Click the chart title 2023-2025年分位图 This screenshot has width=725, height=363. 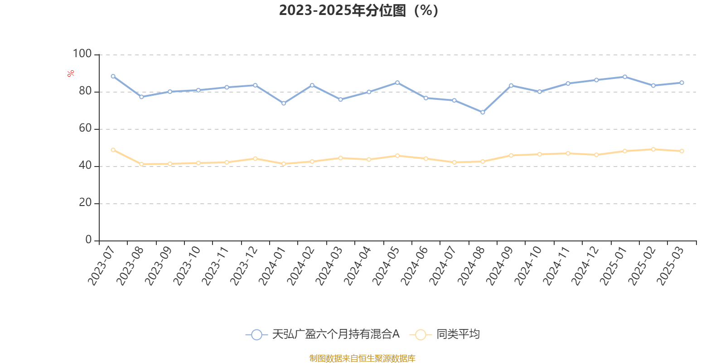(x=358, y=10)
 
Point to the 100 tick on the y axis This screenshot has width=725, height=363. (x=82, y=54)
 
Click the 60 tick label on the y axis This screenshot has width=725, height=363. (x=85, y=128)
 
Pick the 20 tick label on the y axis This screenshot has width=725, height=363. (x=85, y=203)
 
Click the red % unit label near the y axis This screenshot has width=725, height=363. (x=71, y=73)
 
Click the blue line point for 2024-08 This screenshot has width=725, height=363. (x=483, y=112)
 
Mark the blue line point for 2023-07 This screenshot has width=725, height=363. (x=113, y=76)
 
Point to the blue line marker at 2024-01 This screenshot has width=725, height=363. (x=284, y=103)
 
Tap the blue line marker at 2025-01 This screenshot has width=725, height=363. (x=625, y=77)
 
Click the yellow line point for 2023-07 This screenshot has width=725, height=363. (x=113, y=150)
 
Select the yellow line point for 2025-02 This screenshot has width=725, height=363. (x=653, y=149)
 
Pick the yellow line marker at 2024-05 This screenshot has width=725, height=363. (x=397, y=156)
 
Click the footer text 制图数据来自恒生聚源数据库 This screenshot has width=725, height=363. (x=362, y=358)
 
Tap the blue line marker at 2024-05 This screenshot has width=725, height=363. (x=397, y=83)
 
